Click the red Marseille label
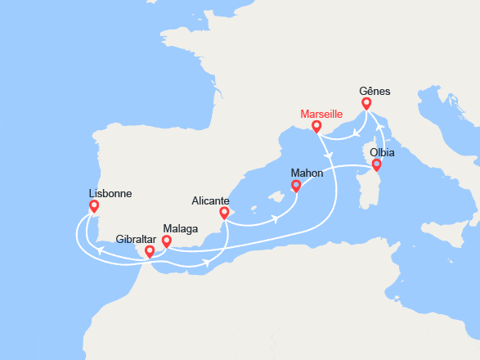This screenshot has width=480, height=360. tap(321, 113)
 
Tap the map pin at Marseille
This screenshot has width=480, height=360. tap(316, 127)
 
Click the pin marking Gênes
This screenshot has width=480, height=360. tap(366, 104)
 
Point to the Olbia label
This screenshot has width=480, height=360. tap(383, 152)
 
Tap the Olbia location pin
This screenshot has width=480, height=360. tap(376, 164)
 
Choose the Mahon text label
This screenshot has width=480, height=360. tap(307, 173)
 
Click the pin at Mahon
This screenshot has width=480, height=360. tap(296, 186)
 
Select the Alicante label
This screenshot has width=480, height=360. tap(210, 200)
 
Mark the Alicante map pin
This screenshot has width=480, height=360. tap(223, 213)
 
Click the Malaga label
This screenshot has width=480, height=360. tap(180, 228)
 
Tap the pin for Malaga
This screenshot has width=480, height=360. tap(166, 241)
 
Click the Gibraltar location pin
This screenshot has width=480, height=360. tap(149, 251)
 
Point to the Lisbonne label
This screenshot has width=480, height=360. tap(110, 194)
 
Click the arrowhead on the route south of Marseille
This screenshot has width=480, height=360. tap(328, 155)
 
